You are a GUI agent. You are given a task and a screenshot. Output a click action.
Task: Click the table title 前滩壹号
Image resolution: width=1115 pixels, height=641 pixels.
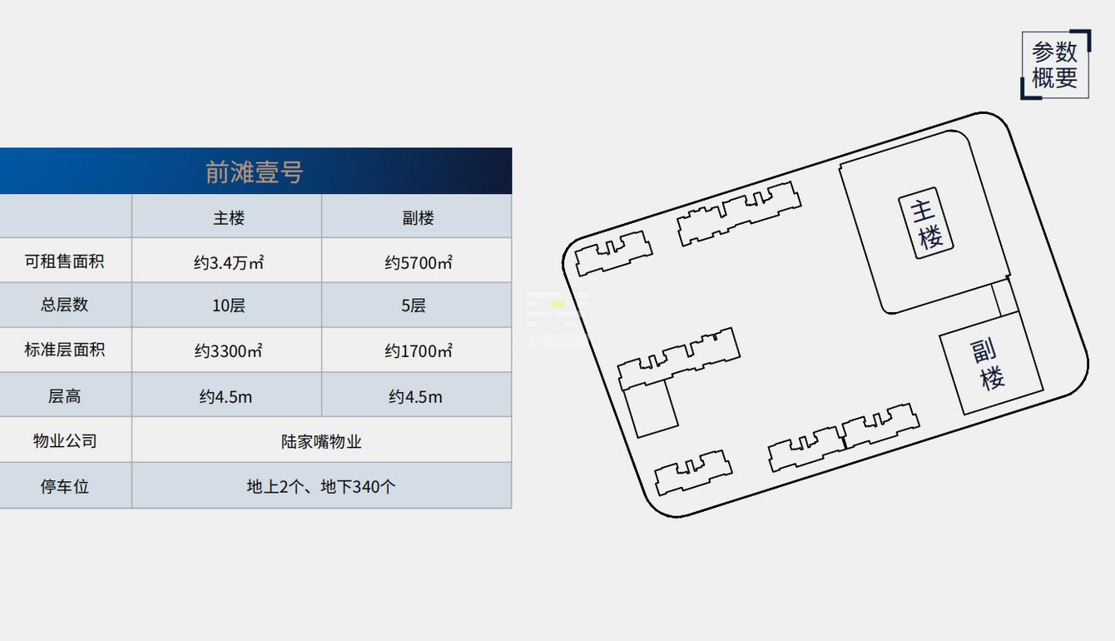254,172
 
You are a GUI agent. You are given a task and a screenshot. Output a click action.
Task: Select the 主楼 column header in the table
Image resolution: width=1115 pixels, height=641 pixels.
229,218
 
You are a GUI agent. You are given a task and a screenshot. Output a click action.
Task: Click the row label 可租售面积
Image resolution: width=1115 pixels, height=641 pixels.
64,261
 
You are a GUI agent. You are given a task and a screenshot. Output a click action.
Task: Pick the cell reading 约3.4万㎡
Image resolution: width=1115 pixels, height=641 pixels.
229,263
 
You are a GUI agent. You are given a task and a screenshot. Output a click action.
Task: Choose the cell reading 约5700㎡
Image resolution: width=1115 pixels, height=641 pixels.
418,263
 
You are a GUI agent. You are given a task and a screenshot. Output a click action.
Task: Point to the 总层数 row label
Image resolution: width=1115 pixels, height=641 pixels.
64,305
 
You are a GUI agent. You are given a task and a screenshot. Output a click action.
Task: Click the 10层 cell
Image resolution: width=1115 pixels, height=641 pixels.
229,306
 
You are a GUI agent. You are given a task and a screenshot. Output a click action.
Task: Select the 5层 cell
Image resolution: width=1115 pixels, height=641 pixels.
414,306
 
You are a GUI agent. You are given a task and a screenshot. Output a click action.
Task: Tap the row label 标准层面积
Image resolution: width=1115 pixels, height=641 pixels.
64,350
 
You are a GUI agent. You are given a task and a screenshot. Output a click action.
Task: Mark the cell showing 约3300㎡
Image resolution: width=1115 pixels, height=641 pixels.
229,351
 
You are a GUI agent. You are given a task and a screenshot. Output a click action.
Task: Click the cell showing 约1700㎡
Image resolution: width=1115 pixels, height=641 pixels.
418,351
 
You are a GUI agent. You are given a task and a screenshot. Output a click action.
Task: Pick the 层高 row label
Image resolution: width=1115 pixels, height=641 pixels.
64,396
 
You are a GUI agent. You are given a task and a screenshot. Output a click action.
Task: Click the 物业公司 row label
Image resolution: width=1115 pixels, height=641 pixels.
64,441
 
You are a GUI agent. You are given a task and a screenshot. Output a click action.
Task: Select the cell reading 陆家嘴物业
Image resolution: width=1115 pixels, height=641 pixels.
321,442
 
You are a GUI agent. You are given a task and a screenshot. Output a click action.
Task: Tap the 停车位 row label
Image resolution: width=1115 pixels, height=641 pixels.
64,486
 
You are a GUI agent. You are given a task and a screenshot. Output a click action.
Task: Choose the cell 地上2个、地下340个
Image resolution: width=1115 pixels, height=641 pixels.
321,486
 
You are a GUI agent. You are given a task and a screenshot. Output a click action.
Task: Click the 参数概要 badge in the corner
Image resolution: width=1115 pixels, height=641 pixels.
1055,65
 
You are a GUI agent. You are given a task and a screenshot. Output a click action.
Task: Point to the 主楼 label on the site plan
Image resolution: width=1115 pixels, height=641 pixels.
926,223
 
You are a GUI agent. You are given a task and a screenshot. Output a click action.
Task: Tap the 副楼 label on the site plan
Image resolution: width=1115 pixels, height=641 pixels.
988,365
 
